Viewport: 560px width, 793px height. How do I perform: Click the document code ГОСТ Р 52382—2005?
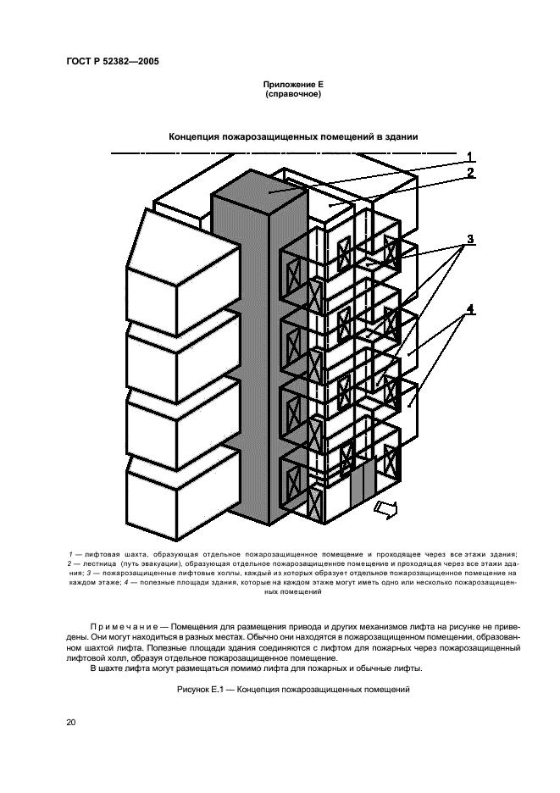click(112, 62)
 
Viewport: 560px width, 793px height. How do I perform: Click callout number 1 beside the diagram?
click(469, 156)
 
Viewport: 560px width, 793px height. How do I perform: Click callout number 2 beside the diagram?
click(469, 173)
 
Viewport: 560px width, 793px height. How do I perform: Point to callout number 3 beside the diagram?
click(469, 237)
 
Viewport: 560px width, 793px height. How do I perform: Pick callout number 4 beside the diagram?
click(469, 308)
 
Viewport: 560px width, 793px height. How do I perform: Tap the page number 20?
click(70, 723)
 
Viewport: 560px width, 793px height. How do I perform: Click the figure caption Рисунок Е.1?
click(293, 690)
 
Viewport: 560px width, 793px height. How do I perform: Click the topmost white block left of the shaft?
click(177, 254)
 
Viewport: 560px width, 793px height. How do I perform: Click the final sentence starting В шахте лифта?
click(257, 668)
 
